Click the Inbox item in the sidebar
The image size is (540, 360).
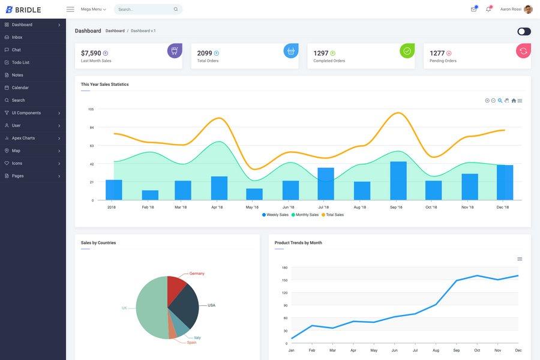(x=17, y=37)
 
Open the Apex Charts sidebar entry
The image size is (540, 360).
(x=23, y=138)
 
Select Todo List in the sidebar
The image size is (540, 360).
(x=20, y=62)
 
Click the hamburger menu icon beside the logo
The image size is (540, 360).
(x=70, y=9)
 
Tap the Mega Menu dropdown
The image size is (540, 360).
(x=93, y=9)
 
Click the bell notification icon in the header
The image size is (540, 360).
(x=488, y=9)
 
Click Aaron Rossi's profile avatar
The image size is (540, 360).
(x=528, y=9)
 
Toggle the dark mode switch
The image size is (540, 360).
(x=524, y=31)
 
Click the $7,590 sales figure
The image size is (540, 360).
(x=91, y=53)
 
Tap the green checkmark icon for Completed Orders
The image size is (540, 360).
(x=407, y=51)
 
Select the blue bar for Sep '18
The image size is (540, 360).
(x=398, y=181)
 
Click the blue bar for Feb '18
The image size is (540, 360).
(x=150, y=195)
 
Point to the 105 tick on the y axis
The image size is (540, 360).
(x=91, y=109)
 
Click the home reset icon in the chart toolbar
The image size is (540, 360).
(x=514, y=101)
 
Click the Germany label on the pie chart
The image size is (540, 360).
(x=197, y=274)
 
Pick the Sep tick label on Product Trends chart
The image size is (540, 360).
(x=457, y=350)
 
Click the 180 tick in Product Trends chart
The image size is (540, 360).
(x=284, y=268)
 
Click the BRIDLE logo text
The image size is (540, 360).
(x=28, y=10)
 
